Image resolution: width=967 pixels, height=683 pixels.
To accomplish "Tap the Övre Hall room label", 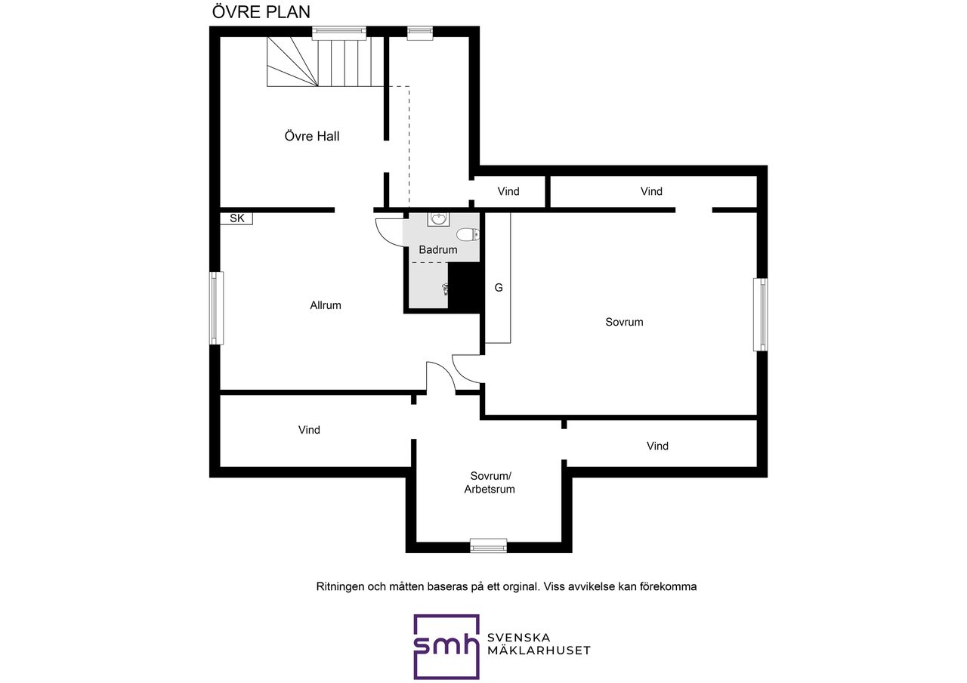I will pos(312,137).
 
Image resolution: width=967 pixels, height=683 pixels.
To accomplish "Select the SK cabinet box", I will pos(237,218).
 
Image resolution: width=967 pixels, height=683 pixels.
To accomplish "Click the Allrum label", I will pos(326,306).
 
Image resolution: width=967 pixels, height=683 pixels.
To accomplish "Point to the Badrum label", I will pos(438,250).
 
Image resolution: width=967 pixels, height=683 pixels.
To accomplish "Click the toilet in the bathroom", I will pos(468,234).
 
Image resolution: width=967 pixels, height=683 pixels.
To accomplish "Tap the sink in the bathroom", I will pos(438,219).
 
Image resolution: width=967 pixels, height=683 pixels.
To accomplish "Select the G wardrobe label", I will pos(499,288).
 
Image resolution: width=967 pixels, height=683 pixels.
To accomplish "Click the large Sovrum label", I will pos(624,323).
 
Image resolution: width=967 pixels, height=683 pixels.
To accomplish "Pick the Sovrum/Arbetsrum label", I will pos(490,483).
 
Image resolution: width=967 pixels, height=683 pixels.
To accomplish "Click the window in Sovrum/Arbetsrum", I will pos(488,545).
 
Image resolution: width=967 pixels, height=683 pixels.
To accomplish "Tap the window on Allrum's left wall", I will pos(216,308).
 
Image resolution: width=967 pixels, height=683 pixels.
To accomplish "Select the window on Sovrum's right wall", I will pos(760,314).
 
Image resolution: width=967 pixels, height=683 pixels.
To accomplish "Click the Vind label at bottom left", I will pos(309,431).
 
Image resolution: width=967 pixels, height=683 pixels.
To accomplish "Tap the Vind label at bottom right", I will pos(657,447).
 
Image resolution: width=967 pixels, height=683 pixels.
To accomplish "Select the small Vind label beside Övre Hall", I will pos(508,192).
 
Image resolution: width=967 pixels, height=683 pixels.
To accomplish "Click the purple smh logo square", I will pos(446,646).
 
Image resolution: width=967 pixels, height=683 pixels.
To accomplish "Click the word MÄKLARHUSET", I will pos(539,651).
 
